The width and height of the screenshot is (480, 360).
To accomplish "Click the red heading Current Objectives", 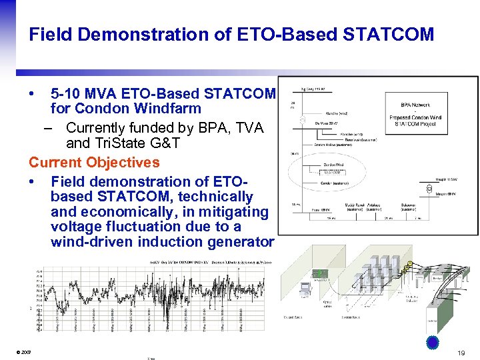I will (x=94, y=162).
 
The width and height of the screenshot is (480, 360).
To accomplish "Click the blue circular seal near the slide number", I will (x=433, y=342).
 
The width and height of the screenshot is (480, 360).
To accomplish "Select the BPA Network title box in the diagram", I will (x=415, y=105).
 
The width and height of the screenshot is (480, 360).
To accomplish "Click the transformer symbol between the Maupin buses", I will (x=421, y=187).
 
